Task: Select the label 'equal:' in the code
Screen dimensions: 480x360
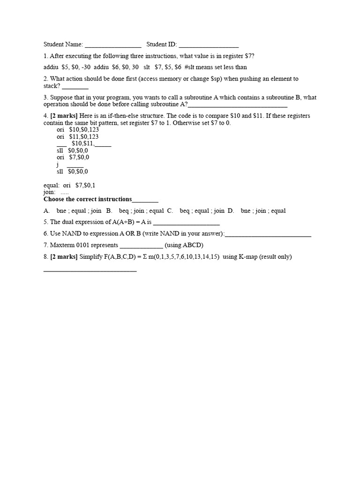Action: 52,185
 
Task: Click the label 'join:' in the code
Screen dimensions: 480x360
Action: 50,192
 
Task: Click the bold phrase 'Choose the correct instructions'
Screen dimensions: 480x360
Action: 88,199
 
